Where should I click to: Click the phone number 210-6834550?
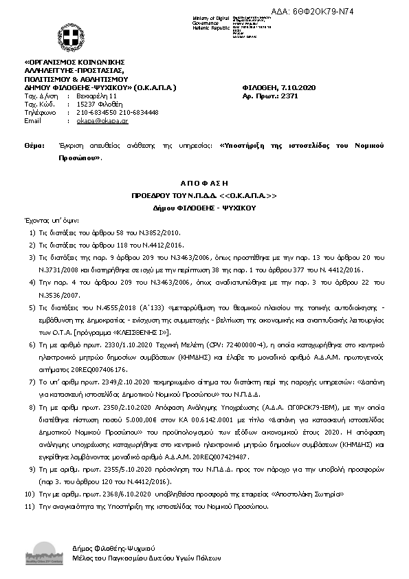point(96,112)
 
